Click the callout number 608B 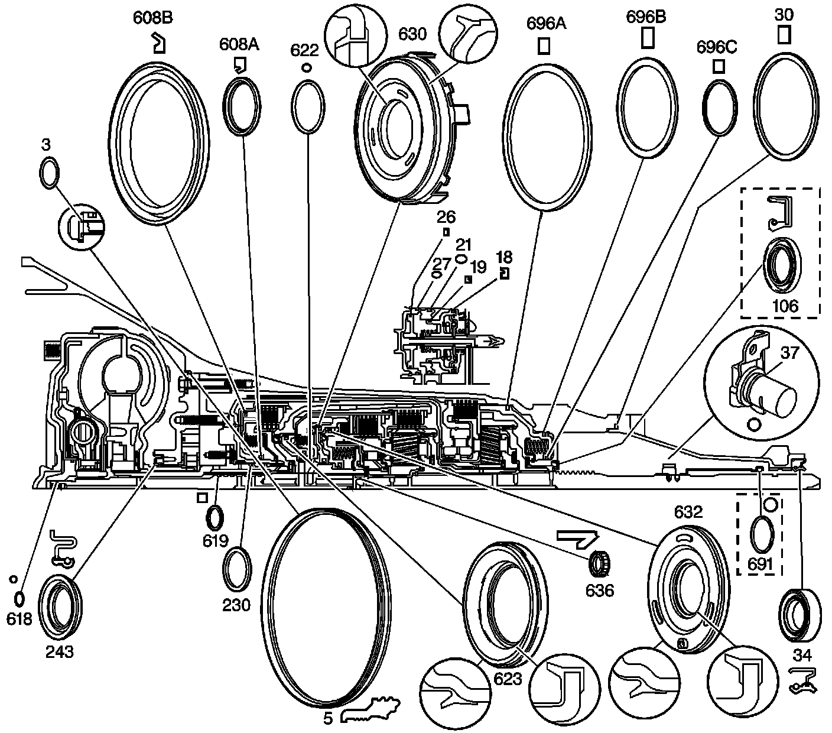tap(152, 18)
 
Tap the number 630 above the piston tap(412, 34)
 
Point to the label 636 tap(600, 591)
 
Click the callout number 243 tap(60, 651)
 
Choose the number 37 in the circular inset tap(789, 353)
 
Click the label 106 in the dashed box tap(785, 306)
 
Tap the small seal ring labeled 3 tap(49, 173)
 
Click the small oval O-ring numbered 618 tap(19, 599)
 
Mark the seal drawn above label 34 tap(801, 615)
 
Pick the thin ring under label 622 tap(308, 107)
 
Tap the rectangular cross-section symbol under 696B tap(647, 37)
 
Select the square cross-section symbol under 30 tap(784, 34)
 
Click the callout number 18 tap(504, 257)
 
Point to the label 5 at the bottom tap(328, 718)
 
